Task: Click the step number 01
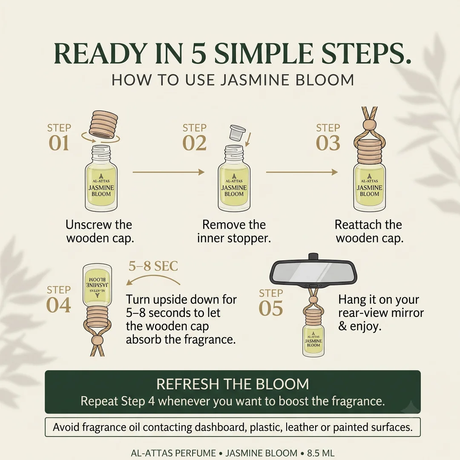(x=59, y=143)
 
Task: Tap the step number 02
(x=194, y=143)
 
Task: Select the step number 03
(x=328, y=143)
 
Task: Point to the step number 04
(x=59, y=305)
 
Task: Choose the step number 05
(x=271, y=308)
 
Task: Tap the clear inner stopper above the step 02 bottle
(x=237, y=132)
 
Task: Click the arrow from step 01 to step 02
(x=168, y=172)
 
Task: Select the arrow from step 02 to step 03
(x=302, y=172)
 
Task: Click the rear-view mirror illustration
(x=313, y=270)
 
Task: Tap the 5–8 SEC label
(x=153, y=266)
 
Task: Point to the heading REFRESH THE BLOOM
(x=233, y=384)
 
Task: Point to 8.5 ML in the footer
(x=321, y=453)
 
